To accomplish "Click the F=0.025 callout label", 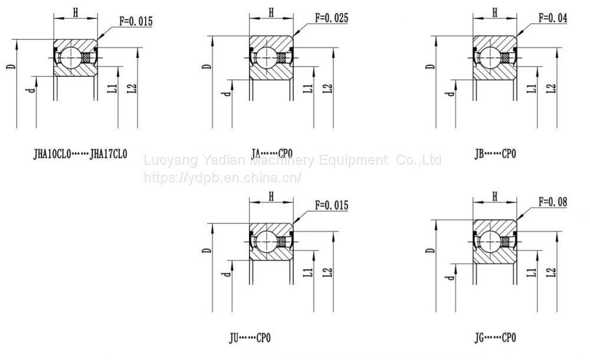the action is point(332,18).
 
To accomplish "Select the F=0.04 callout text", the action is point(553,18).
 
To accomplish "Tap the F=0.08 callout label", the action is point(553,202).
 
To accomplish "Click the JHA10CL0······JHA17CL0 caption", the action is point(80,154).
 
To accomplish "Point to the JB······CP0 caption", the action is point(495,153).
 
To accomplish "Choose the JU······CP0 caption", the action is point(250,338).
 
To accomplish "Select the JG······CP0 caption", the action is point(495,338).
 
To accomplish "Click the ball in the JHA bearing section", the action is point(71,58).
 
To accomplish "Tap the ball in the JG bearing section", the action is point(490,241).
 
